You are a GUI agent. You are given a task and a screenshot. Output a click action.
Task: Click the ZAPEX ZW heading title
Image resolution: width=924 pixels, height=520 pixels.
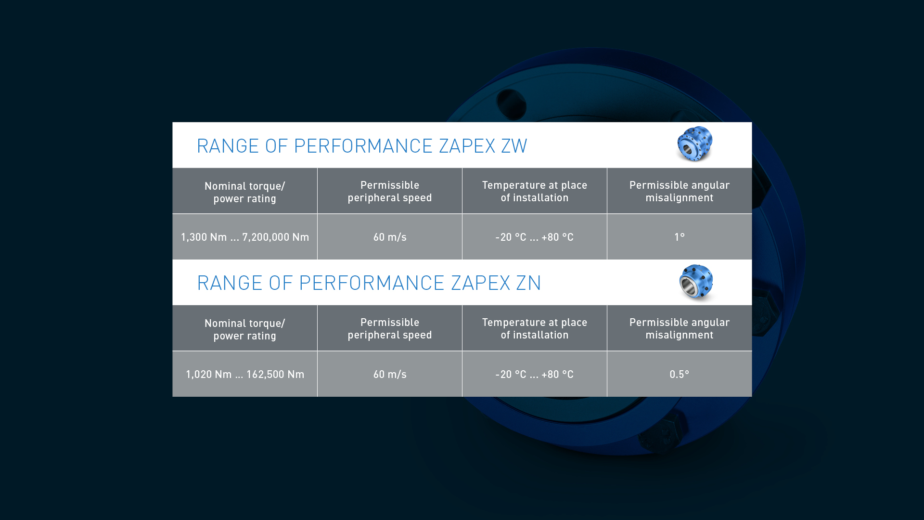coord(362,146)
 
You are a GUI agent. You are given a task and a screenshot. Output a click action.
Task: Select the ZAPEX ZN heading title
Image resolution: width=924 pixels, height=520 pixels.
coord(369,283)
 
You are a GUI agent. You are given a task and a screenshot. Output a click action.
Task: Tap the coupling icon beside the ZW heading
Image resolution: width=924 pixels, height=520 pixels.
coord(694,144)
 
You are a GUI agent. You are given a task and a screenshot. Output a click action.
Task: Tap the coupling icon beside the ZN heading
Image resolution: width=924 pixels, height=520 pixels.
coord(696,283)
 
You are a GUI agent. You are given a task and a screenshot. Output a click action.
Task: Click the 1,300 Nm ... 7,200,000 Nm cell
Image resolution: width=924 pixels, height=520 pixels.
coord(245,237)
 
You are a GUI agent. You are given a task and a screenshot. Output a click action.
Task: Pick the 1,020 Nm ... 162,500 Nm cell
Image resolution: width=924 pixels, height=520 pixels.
coord(245,374)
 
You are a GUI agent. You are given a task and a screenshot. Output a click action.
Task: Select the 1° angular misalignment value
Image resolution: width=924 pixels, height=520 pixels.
coord(679,237)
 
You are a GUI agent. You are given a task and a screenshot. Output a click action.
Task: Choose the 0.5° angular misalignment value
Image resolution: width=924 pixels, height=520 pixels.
coord(679,374)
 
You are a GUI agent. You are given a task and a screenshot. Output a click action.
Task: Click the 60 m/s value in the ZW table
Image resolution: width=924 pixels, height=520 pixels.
coord(390,237)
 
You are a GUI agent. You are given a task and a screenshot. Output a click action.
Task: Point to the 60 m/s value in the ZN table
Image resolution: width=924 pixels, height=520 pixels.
coord(390,374)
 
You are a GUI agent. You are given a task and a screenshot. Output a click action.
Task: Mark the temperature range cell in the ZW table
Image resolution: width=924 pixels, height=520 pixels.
coord(534,237)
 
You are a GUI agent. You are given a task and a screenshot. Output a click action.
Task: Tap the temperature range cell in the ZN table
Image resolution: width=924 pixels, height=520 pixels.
coord(534,374)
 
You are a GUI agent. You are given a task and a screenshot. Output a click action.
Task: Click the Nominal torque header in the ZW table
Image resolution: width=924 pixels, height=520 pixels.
coord(245,192)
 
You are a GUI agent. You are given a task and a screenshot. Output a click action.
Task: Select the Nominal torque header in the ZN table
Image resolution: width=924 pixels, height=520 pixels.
coord(245,329)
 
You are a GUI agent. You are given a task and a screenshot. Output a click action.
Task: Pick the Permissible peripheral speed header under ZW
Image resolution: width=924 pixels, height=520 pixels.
coord(390,191)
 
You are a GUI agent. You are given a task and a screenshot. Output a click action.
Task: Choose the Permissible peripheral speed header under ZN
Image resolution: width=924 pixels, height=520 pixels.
coord(390,328)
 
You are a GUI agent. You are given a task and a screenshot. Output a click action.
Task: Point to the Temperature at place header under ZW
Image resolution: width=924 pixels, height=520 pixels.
coord(535,191)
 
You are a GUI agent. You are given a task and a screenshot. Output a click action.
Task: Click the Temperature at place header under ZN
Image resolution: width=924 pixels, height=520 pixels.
coord(535,328)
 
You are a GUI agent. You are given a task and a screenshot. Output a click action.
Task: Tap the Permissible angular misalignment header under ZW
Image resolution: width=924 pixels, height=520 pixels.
coord(680,191)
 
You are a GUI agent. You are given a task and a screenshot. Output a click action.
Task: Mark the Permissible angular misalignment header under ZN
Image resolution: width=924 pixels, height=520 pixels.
coord(680,328)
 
